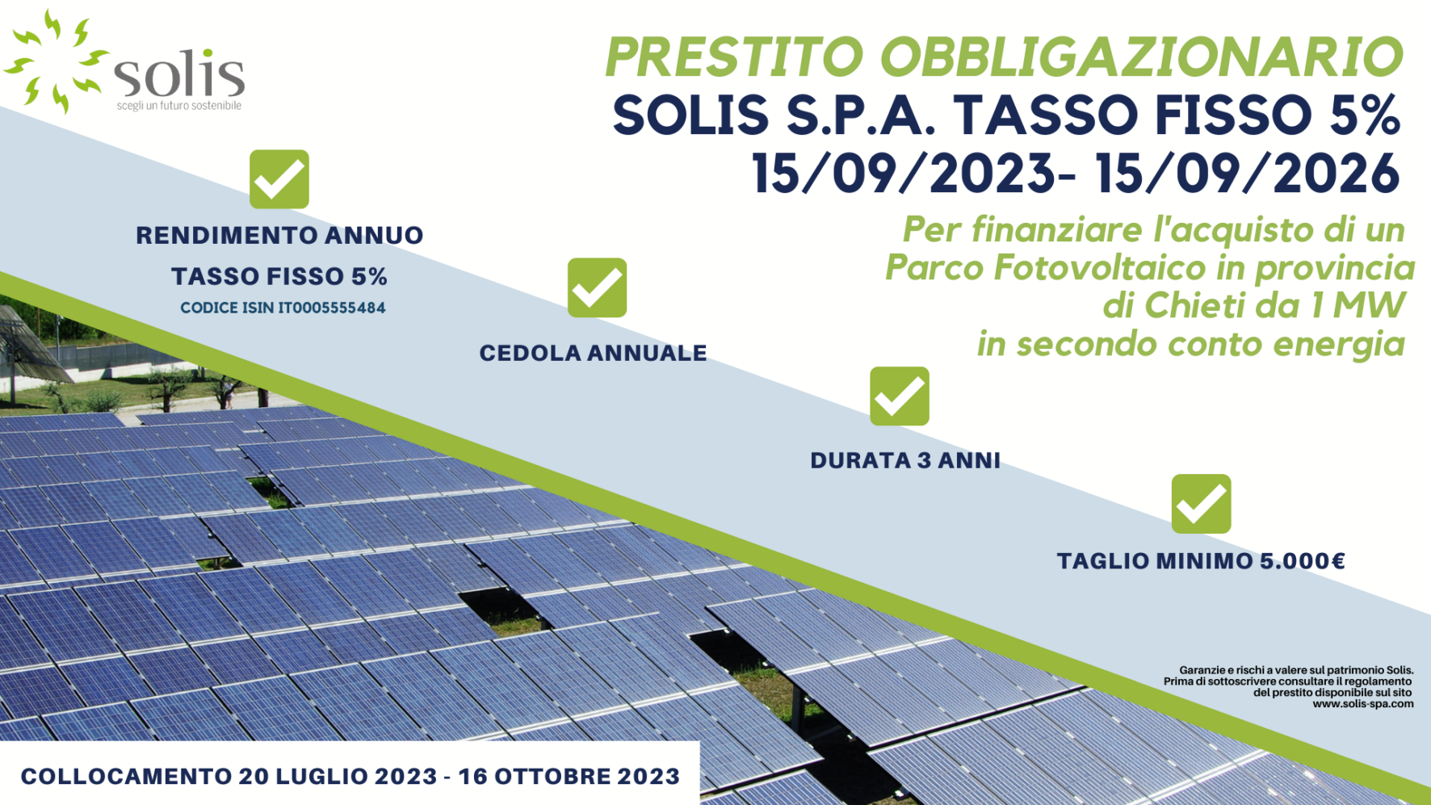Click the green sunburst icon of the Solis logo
(57, 61)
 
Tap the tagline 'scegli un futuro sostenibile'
(179, 106)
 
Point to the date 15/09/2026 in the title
(1248, 173)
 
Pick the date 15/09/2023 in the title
(904, 173)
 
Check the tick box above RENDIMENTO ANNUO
(279, 179)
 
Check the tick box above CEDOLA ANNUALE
(597, 287)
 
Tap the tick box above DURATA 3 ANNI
(900, 396)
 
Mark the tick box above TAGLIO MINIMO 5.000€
(1202, 504)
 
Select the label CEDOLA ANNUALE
(594, 353)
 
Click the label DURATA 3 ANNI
(905, 460)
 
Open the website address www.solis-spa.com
(1363, 704)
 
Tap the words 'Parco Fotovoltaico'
(1047, 267)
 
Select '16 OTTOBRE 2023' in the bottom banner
(569, 777)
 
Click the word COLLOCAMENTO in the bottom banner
(126, 777)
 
